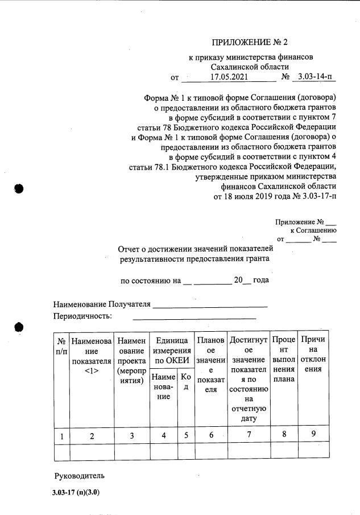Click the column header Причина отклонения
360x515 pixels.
tap(314, 354)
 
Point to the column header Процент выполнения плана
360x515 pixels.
tap(284, 359)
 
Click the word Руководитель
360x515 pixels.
tap(79, 475)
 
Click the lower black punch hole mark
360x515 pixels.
tap(18, 327)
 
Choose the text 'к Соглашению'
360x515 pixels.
tap(313, 230)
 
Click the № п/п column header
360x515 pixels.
tap(61, 345)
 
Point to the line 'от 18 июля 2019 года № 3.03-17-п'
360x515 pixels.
tap(275, 196)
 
